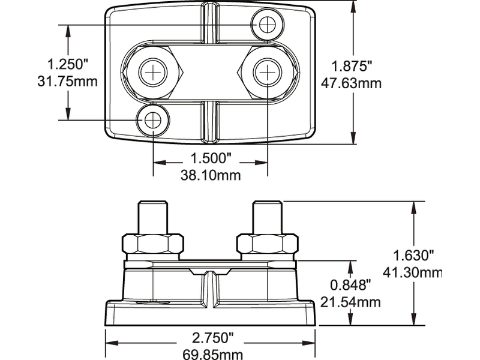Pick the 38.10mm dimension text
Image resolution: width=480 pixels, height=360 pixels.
(211, 175)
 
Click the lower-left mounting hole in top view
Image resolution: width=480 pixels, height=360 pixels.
(153, 121)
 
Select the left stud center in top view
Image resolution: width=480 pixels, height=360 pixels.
(154, 72)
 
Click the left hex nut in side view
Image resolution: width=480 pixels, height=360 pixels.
(153, 244)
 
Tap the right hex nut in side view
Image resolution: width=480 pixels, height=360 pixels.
(267, 244)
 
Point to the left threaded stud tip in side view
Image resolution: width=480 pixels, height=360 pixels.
(153, 207)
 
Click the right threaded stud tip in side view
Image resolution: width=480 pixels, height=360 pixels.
(267, 207)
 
